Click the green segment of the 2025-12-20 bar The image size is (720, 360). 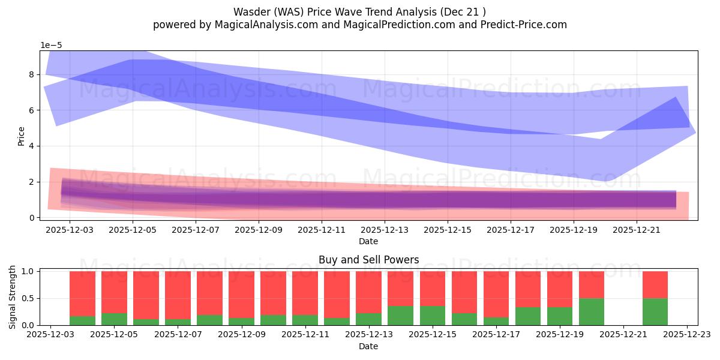[x=592, y=312]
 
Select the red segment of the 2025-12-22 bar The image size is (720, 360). [x=655, y=284]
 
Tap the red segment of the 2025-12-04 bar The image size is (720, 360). [x=82, y=293]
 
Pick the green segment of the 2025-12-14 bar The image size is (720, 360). [x=400, y=316]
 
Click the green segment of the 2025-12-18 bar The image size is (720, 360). [x=528, y=316]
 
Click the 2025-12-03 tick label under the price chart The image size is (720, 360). [x=70, y=229]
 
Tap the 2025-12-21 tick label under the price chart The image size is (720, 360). [x=636, y=229]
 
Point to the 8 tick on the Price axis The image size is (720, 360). [x=30, y=75]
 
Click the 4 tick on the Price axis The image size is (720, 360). [x=30, y=146]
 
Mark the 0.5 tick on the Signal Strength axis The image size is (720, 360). [x=28, y=298]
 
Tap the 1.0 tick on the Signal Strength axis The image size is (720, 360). [x=28, y=271]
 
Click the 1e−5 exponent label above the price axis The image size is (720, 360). [x=51, y=46]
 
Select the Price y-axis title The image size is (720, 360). [x=22, y=136]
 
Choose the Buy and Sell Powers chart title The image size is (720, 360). [x=368, y=260]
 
